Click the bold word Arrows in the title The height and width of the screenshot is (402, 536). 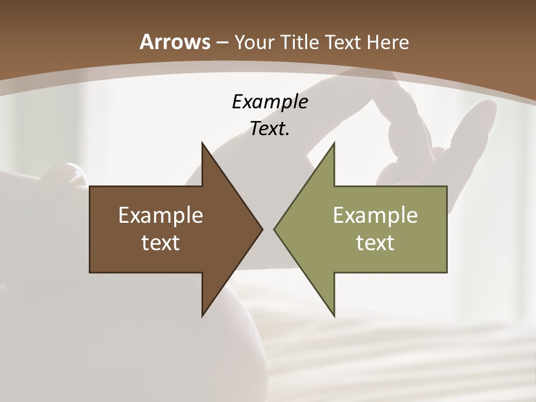[175, 42]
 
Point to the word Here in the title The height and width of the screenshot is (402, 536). [389, 42]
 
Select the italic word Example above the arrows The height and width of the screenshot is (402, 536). [270, 102]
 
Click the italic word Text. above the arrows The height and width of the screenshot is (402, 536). [270, 129]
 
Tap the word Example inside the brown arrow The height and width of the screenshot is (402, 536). [161, 216]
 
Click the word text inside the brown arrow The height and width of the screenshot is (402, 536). [161, 243]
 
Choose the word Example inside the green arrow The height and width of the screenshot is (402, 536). [375, 216]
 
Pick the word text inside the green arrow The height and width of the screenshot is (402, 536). [375, 243]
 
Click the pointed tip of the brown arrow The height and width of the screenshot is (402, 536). [262, 229]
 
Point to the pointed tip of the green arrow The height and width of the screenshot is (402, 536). [274, 229]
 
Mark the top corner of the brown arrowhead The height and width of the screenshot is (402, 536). [202, 143]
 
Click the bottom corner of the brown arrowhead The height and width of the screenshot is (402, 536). [202, 315]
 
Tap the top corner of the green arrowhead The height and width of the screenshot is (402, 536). [334, 143]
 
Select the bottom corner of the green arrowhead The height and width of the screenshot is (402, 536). [334, 315]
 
